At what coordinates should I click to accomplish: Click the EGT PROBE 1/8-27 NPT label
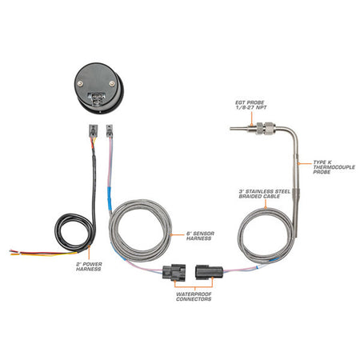pos(251,105)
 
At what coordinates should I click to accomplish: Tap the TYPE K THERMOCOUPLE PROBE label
pos(334,167)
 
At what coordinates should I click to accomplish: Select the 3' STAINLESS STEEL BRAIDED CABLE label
pos(264,194)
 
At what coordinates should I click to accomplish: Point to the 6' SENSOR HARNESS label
pos(200,236)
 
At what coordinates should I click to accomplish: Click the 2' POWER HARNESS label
pos(89,266)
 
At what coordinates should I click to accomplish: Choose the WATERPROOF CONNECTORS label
pos(194,297)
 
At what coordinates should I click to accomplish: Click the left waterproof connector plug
pos(174,272)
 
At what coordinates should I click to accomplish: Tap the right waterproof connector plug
pos(209,272)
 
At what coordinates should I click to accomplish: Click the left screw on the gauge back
pos(80,84)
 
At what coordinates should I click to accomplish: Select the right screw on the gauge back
pos(112,84)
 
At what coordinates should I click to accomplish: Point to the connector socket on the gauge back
pos(97,98)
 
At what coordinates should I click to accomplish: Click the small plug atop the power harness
pos(93,130)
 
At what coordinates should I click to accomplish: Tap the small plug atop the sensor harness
pos(110,130)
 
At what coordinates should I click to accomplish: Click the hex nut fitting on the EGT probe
pos(264,128)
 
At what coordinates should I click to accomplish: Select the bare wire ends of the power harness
pos(14,252)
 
